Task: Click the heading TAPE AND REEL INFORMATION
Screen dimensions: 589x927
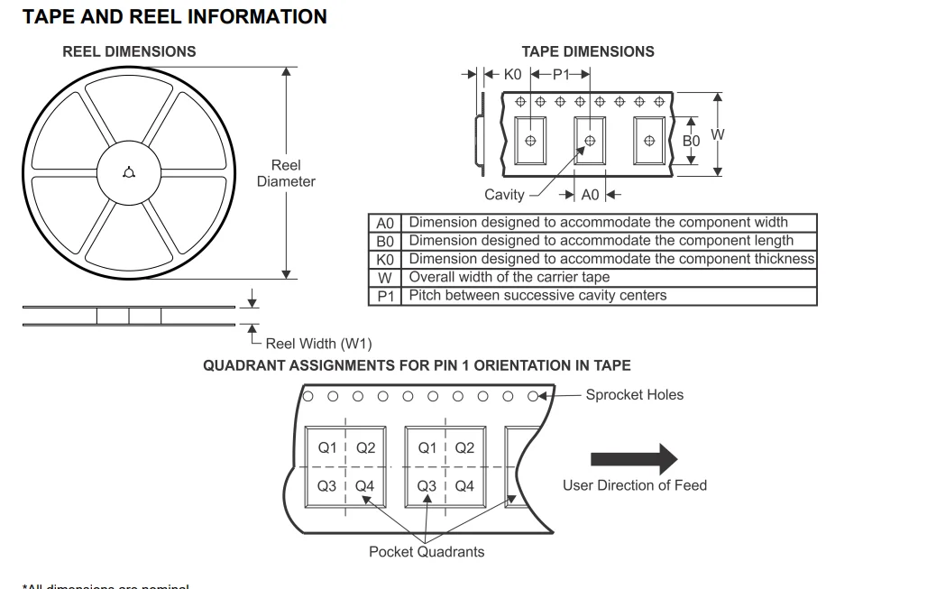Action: [x=175, y=17]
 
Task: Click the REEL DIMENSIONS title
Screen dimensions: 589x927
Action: [x=129, y=51]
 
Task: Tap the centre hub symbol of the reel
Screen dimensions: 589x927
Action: [x=129, y=173]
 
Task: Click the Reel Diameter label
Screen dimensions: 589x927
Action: [x=286, y=173]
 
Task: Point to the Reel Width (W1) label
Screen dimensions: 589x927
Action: [x=318, y=344]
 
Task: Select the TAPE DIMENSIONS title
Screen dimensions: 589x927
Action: [x=588, y=51]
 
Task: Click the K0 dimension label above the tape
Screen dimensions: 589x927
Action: [x=513, y=76]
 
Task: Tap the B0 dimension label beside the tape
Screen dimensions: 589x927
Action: [x=691, y=142]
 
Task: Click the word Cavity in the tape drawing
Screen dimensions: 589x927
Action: [x=504, y=195]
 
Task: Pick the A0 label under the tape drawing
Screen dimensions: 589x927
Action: [x=590, y=195]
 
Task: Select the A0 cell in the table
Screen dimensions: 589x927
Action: [x=385, y=223]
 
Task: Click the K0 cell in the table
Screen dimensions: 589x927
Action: [x=385, y=259]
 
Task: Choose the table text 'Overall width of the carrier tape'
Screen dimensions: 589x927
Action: [x=509, y=277]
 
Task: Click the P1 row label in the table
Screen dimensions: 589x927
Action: [x=385, y=296]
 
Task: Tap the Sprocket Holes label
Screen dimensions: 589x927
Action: [x=634, y=395]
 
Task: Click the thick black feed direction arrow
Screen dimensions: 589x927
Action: [x=633, y=458]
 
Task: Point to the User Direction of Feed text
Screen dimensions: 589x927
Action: [x=635, y=485]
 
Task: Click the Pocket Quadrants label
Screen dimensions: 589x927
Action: [x=427, y=552]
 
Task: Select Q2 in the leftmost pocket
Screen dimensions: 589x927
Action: [x=365, y=448]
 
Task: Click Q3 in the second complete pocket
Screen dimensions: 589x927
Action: [x=427, y=487]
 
